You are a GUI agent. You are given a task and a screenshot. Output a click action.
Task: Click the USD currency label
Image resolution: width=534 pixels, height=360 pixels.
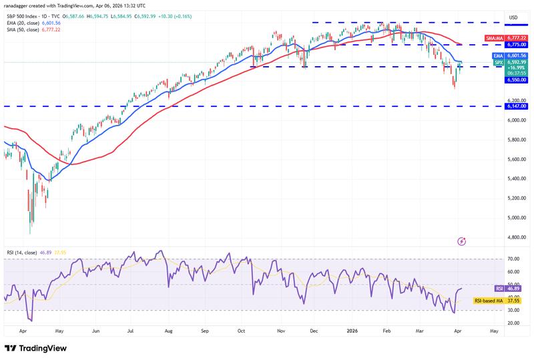tap(513, 17)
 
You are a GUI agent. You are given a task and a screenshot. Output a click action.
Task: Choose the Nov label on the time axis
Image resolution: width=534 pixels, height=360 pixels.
tap(280, 330)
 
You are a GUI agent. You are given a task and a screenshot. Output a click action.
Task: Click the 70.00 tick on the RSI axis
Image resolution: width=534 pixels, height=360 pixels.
tap(513, 258)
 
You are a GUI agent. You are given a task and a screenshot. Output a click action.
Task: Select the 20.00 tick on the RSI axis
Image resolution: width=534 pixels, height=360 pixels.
tap(513, 323)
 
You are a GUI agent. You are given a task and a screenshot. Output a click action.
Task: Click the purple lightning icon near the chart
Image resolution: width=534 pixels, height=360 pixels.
tap(462, 240)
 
